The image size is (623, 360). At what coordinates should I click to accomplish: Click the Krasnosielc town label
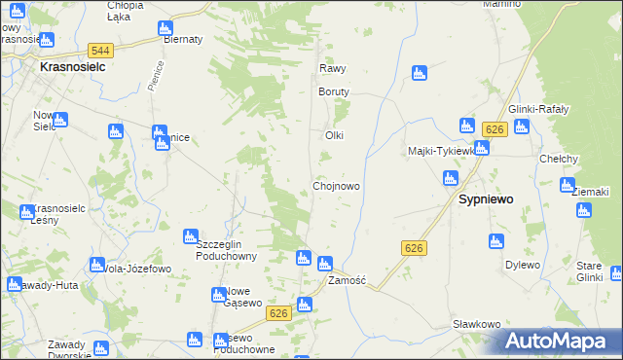[x=73, y=68]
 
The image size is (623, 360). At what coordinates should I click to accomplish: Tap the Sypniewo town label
[x=486, y=198]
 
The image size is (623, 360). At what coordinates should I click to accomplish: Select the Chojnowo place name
[x=338, y=185]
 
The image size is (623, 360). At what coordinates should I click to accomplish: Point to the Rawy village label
[x=333, y=69]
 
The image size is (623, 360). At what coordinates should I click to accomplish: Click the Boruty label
[x=333, y=91]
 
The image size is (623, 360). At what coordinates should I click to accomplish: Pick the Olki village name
[x=335, y=135]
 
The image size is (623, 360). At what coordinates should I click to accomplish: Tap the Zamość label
[x=347, y=280]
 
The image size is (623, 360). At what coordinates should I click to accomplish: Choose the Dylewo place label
[x=522, y=265]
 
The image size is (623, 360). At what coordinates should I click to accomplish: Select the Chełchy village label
[x=560, y=159]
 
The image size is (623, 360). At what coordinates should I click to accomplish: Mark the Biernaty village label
[x=183, y=39]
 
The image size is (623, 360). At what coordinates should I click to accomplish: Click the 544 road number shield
[x=99, y=50]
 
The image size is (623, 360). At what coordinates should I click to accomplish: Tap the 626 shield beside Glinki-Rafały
[x=495, y=129]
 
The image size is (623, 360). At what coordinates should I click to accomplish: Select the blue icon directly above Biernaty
[x=165, y=26]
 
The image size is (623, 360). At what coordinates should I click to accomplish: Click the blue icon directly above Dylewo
[x=497, y=241]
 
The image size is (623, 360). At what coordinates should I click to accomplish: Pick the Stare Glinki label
[x=588, y=271]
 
